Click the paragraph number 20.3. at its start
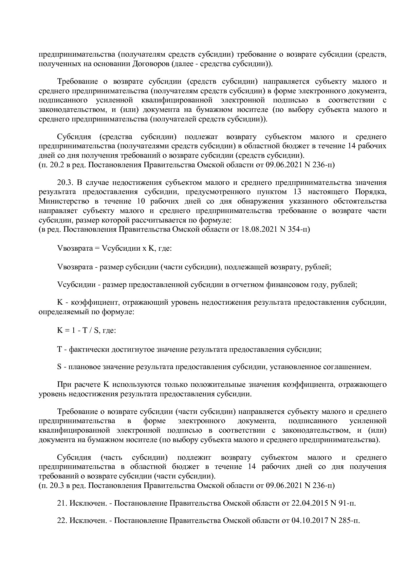(x=65, y=182)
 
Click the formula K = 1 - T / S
(x=78, y=331)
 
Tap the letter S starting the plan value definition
(x=59, y=367)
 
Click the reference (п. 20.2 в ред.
(x=62, y=165)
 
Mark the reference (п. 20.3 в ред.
(x=62, y=485)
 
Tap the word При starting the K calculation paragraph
(x=64, y=384)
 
